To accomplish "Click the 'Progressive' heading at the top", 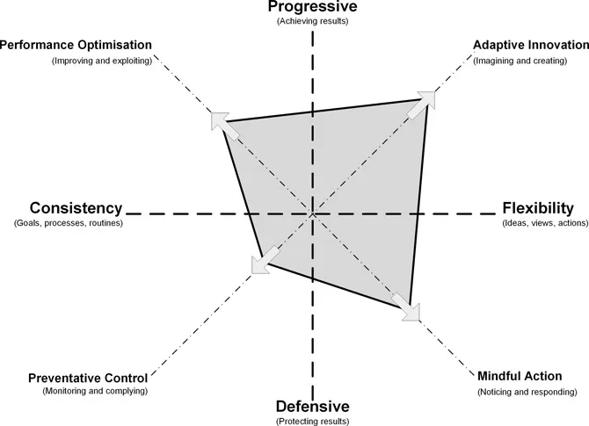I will pos(313,8).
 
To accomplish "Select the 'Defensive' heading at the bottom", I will pos(313,407).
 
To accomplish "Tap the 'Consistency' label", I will pos(76,208).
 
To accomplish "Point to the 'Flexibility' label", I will pos(537,208).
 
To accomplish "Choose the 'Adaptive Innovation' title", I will pos(530,46).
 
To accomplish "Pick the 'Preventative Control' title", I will pos(88,379).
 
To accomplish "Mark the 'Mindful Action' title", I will pos(525,377).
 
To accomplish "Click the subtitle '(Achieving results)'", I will pos(313,21).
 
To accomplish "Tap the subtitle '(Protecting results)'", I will pos(313,421).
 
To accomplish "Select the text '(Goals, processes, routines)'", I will pos(69,223).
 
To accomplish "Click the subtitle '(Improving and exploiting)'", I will pos(101,61).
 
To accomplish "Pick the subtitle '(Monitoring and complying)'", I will pos(95,391).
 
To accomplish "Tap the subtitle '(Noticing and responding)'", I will pos(527,392).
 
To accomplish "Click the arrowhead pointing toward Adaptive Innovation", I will pos(426,98).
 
